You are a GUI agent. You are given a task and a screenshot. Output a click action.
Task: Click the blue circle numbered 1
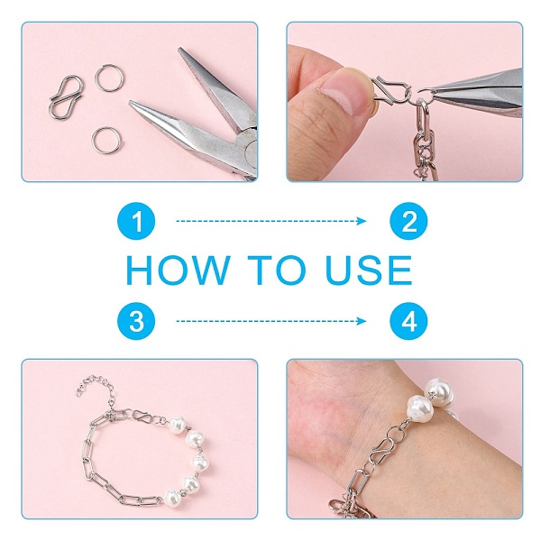point(136,221)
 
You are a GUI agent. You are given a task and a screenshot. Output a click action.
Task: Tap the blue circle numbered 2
point(408,221)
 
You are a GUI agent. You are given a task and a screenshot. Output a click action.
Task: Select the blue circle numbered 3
point(136,321)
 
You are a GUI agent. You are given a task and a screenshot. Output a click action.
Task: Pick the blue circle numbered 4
point(408,321)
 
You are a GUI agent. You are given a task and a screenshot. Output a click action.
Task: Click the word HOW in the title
point(178,270)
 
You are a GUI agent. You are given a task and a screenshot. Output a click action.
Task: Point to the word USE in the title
point(369,270)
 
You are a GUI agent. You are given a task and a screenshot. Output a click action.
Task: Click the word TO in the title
point(277,270)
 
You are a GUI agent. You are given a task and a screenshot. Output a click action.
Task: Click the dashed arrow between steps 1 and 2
point(271,221)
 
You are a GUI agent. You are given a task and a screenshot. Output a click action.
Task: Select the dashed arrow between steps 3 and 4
point(271,321)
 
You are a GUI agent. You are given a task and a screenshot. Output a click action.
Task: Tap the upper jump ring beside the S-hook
point(109,78)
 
